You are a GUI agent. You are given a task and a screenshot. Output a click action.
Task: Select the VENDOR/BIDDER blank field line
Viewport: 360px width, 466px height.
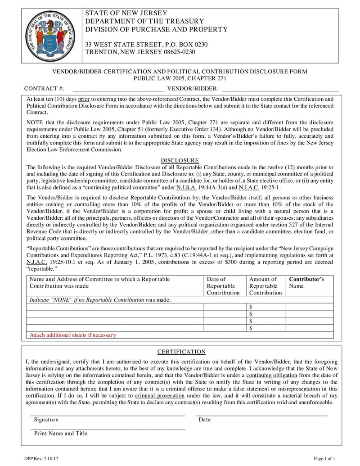[x=280, y=89]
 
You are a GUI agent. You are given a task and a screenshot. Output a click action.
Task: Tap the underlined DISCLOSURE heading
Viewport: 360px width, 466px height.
[x=180, y=160]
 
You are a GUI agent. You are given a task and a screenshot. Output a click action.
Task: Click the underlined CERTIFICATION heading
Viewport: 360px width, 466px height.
[x=181, y=352]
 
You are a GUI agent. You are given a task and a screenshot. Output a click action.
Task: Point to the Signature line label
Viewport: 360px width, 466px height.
[x=46, y=420]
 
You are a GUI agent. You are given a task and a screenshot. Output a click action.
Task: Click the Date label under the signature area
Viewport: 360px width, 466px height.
[x=204, y=420]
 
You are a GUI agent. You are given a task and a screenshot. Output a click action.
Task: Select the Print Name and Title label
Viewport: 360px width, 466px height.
[x=61, y=434]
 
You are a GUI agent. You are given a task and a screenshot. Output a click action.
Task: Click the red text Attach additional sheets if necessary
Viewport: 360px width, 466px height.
[x=72, y=335]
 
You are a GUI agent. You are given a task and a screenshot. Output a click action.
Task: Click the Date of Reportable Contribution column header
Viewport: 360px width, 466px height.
[x=223, y=285]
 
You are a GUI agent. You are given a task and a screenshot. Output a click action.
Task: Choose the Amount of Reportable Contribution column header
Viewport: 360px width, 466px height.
[x=265, y=285]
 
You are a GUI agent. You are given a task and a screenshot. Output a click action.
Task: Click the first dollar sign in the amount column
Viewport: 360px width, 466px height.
[x=251, y=307]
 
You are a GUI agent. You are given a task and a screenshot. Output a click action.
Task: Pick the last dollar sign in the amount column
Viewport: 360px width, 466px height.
[x=251, y=328]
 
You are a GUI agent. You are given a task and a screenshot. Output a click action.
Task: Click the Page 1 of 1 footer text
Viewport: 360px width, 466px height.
[x=324, y=458]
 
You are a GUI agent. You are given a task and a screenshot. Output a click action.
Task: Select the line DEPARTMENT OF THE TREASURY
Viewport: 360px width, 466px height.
[x=144, y=21]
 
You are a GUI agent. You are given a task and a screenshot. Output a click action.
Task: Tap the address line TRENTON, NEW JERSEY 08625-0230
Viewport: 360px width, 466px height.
[x=140, y=52]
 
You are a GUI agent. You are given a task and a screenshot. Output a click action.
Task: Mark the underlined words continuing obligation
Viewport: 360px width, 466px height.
[x=272, y=375]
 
